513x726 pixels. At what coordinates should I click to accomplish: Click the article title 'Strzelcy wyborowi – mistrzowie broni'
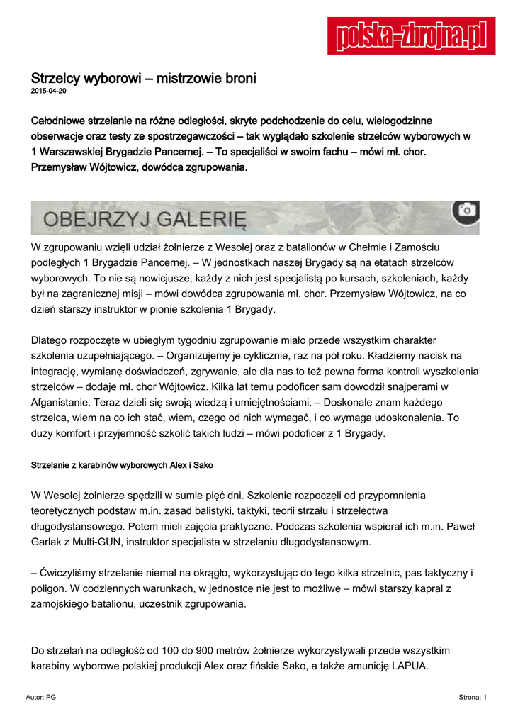click(144, 79)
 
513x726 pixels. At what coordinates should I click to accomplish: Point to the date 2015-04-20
click(49, 91)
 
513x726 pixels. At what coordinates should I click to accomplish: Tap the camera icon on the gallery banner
click(466, 210)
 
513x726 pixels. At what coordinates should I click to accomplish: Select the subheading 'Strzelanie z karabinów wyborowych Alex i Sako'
click(122, 465)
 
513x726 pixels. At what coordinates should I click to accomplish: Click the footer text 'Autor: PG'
click(40, 698)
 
